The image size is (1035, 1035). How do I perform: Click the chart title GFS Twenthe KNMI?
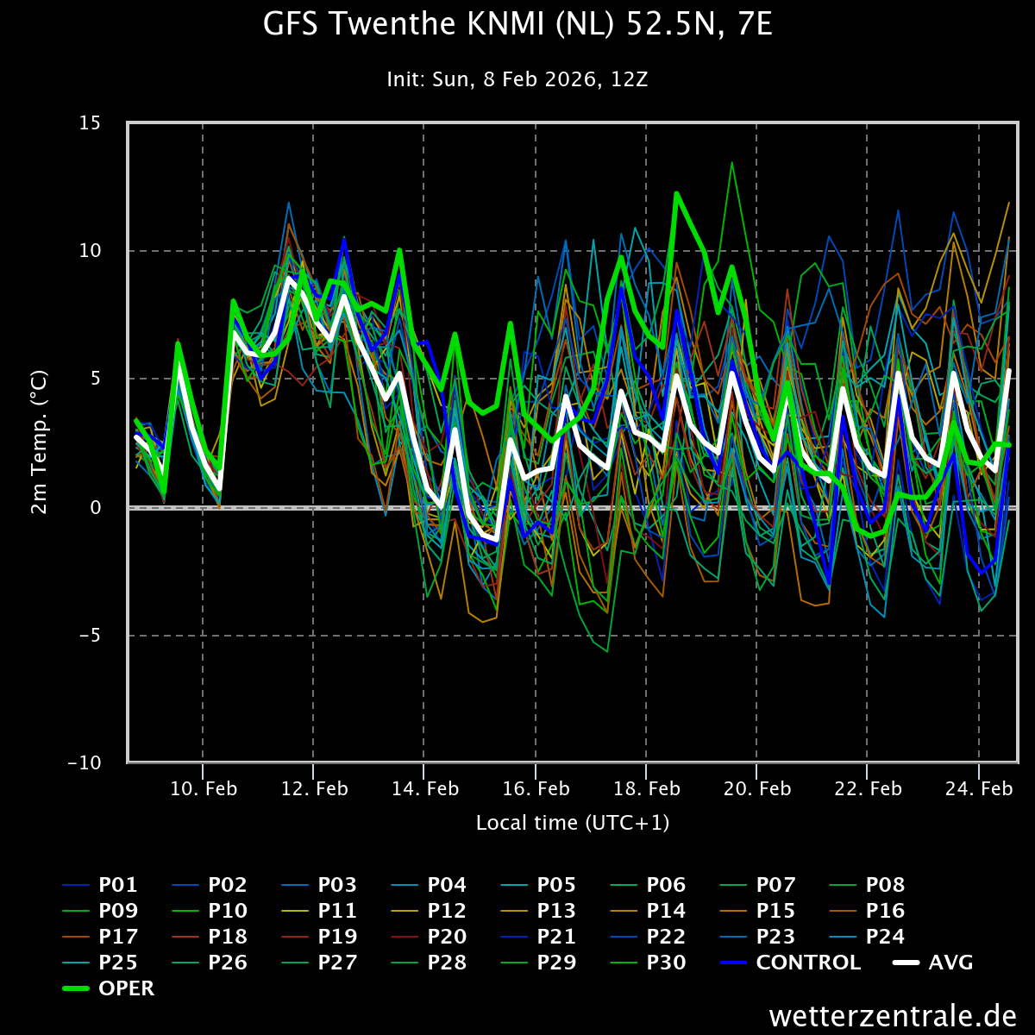click(x=517, y=25)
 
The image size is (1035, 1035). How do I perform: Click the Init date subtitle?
click(x=517, y=80)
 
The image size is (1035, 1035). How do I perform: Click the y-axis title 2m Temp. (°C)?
click(x=40, y=442)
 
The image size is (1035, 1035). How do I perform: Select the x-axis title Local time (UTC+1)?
click(x=573, y=823)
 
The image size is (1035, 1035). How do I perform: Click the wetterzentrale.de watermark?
click(x=893, y=1015)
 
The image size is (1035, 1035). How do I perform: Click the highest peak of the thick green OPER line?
click(x=676, y=193)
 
